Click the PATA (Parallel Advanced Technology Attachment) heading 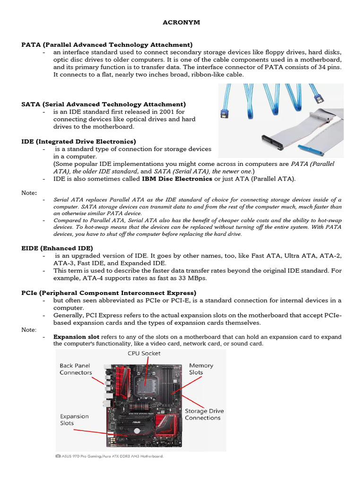pyautogui.click(x=107, y=44)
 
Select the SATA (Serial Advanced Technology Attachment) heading pyautogui.click(x=104, y=104)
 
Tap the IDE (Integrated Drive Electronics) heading pyautogui.click(x=78, y=141)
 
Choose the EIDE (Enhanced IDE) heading pyautogui.click(x=57, y=248)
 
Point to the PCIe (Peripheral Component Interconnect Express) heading pyautogui.click(x=109, y=293)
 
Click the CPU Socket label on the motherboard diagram pyautogui.click(x=144, y=353)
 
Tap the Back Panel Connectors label pyautogui.click(x=76, y=369)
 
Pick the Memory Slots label pyautogui.click(x=201, y=369)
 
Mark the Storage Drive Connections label pyautogui.click(x=204, y=415)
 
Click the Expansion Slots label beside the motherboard pyautogui.click(x=74, y=420)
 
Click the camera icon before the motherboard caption pyautogui.click(x=58, y=457)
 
